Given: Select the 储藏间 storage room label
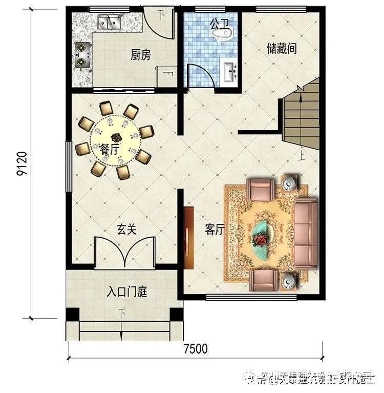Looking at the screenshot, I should click(282, 49).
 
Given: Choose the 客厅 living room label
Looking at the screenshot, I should click(215, 230).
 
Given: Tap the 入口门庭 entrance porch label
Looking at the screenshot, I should click(127, 293).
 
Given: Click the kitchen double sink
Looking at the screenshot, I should click(109, 23).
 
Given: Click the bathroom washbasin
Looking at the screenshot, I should click(230, 70).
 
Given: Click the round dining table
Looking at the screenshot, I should click(115, 138).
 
